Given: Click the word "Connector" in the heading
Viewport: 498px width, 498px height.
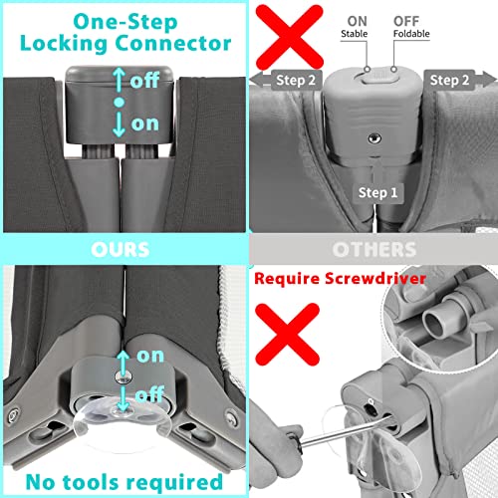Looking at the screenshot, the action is pyautogui.click(x=173, y=44).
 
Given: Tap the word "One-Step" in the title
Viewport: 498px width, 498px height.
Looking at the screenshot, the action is pyautogui.click(x=125, y=22).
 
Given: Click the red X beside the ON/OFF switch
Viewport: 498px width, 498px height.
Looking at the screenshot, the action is pyautogui.click(x=290, y=37).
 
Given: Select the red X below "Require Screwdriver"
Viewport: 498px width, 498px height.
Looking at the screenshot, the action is pyautogui.click(x=287, y=335).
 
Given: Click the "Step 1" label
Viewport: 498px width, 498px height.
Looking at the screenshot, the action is pyautogui.click(x=377, y=193).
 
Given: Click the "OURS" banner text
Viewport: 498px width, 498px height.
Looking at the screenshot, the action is pyautogui.click(x=121, y=250).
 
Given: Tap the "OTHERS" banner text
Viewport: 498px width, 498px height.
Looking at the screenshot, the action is pyautogui.click(x=374, y=250).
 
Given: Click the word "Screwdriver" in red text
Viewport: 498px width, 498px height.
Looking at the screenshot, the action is pyautogui.click(x=375, y=278).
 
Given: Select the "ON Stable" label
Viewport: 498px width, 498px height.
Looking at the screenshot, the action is pyautogui.click(x=355, y=27).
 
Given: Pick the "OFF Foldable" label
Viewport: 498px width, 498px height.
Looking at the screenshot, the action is pyautogui.click(x=411, y=27).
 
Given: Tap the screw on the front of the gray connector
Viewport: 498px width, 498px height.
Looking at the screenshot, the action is pyautogui.click(x=374, y=138).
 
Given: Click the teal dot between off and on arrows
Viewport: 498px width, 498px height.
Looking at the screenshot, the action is pyautogui.click(x=120, y=103).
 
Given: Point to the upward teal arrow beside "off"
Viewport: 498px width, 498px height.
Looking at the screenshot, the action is pyautogui.click(x=120, y=81).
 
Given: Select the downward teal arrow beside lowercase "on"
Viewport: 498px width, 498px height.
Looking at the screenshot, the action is pyautogui.click(x=119, y=124).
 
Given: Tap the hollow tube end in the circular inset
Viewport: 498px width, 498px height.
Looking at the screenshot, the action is pyautogui.click(x=435, y=322).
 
